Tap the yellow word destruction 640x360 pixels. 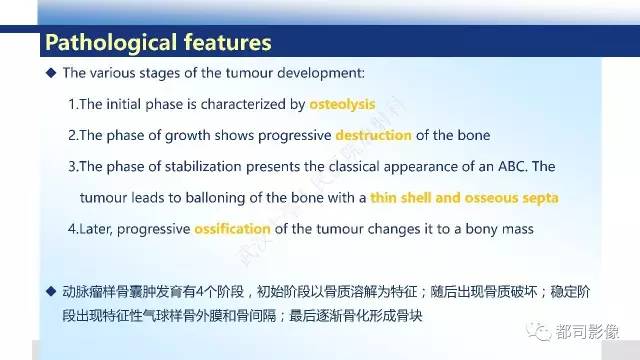[373, 135]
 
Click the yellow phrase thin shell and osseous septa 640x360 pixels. [464, 198]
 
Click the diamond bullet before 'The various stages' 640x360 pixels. [52, 73]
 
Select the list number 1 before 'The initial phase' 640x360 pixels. [71, 104]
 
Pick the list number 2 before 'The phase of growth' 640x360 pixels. [71, 135]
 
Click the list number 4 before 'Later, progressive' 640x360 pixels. [71, 229]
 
